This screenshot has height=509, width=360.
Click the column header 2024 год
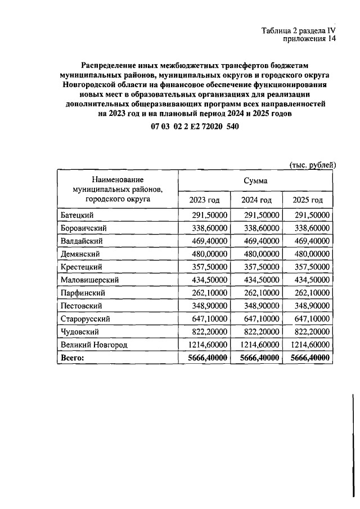256,200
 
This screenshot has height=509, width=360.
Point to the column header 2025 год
308,200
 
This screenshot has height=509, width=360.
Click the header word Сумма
255,181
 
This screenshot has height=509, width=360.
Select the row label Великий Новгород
93,344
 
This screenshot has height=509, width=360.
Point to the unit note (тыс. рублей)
313,164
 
